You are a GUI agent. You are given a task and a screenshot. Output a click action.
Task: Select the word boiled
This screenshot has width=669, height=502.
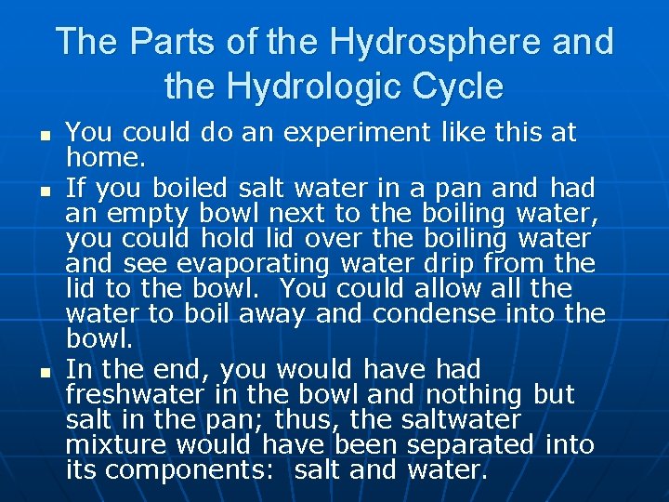pyautogui.click(x=190, y=189)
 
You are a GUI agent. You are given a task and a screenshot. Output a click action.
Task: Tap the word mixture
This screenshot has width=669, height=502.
pyautogui.click(x=115, y=444)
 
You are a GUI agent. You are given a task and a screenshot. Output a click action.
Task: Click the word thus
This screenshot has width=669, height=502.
pyautogui.click(x=320, y=419)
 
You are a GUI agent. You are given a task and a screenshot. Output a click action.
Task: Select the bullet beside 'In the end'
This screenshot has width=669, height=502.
pyautogui.click(x=46, y=371)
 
